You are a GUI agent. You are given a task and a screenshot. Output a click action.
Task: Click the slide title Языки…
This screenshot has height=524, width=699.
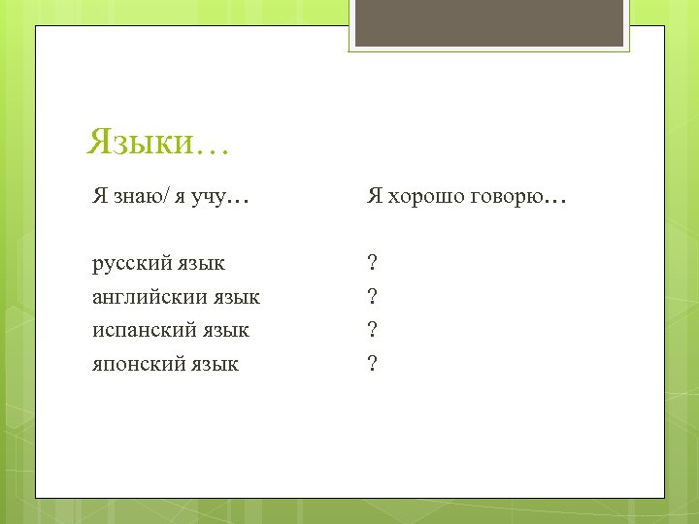tap(157, 143)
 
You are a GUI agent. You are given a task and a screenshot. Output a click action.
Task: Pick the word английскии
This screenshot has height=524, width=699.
tap(147, 296)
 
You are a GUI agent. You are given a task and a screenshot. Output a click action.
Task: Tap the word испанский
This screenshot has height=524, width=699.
tap(142, 330)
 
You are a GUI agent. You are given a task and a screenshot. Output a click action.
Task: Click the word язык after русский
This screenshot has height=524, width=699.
tap(200, 263)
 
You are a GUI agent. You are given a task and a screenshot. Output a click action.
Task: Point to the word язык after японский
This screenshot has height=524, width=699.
tap(213, 364)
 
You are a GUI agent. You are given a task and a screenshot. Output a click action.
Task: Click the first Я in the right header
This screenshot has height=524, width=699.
tap(374, 198)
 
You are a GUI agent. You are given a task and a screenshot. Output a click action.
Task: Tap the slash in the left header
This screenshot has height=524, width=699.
tap(166, 198)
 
